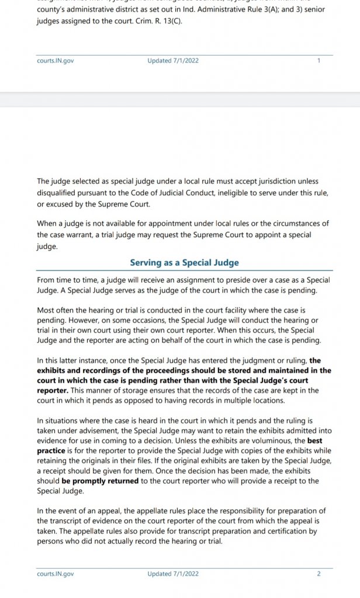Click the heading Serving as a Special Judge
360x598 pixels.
(x=184, y=263)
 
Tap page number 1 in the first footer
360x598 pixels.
(x=319, y=60)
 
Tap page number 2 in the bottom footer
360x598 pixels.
(x=319, y=573)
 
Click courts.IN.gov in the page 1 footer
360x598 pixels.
(x=55, y=60)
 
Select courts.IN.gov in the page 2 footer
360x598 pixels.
(x=55, y=573)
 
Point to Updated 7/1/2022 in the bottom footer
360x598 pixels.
(x=173, y=573)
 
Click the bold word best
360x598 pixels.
(x=314, y=441)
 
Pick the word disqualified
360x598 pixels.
(x=60, y=193)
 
